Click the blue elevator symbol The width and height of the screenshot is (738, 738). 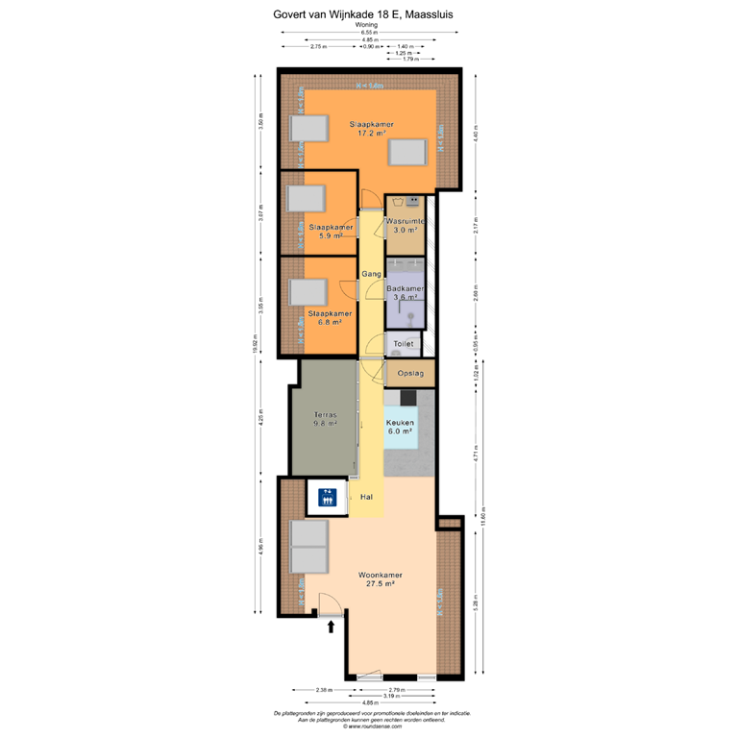[327, 497]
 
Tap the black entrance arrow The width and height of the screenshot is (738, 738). [332, 627]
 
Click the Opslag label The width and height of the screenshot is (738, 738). [410, 373]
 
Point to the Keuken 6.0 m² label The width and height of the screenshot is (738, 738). [399, 428]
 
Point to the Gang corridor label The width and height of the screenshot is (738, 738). [371, 274]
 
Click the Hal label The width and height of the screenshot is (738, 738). [366, 497]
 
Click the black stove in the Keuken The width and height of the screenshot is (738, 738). [408, 396]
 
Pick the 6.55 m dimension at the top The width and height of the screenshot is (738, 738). [369, 33]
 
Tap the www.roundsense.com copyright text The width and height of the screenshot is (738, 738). [369, 726]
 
